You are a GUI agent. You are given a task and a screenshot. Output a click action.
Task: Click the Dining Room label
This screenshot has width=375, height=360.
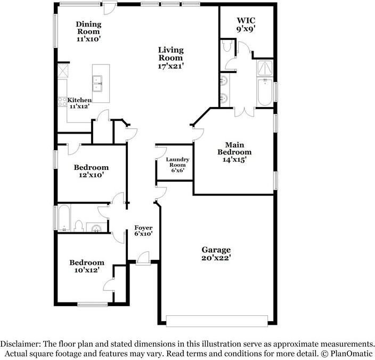click(x=88, y=24)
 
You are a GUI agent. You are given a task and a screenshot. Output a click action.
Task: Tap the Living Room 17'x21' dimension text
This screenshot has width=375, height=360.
click(x=171, y=66)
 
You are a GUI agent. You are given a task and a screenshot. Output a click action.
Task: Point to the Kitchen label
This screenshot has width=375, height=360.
click(x=79, y=100)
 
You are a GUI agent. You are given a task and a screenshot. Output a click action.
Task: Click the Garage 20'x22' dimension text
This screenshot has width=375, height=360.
click(x=216, y=258)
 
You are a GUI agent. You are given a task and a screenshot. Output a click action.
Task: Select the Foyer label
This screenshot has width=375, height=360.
click(x=143, y=227)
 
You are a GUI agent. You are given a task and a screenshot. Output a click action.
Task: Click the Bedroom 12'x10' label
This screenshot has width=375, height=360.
click(x=91, y=167)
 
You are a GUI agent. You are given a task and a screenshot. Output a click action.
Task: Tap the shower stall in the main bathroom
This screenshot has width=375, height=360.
click(x=265, y=68)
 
